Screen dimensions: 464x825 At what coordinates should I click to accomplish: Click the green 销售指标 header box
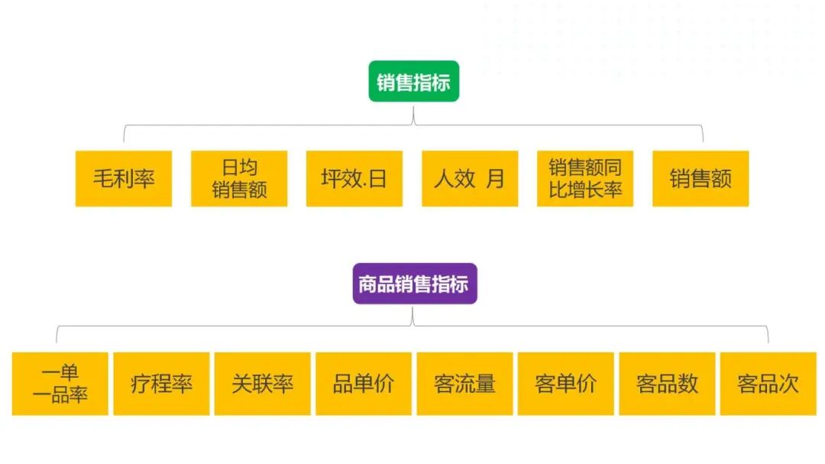[x=413, y=82]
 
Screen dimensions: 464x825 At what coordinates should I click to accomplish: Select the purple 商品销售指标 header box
[x=414, y=284]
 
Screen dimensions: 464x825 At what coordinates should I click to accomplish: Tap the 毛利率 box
[x=124, y=179]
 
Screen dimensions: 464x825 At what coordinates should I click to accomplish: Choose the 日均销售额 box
[x=239, y=179]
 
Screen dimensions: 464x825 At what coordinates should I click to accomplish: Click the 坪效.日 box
[x=354, y=179]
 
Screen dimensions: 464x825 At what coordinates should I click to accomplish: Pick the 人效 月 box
[x=470, y=179]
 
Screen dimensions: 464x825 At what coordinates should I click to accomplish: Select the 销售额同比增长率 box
[x=585, y=179]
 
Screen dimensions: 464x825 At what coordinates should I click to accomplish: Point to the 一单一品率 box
[x=60, y=384]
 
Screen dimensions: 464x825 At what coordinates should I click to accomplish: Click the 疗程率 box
[x=161, y=384]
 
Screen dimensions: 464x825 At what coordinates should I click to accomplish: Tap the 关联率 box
[x=263, y=384]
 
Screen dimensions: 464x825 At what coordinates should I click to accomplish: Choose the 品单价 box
[x=364, y=384]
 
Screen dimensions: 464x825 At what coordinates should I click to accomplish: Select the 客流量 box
[x=464, y=384]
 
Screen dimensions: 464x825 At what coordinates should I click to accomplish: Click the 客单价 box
[x=566, y=384]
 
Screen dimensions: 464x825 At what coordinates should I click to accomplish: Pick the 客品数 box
[x=667, y=384]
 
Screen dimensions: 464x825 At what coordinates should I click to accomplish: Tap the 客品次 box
[x=768, y=384]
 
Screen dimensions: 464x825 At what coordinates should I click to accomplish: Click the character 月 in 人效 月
[x=496, y=179]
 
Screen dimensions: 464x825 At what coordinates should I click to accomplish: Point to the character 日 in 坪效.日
[x=377, y=179]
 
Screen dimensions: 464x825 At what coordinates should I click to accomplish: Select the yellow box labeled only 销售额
[x=700, y=179]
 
